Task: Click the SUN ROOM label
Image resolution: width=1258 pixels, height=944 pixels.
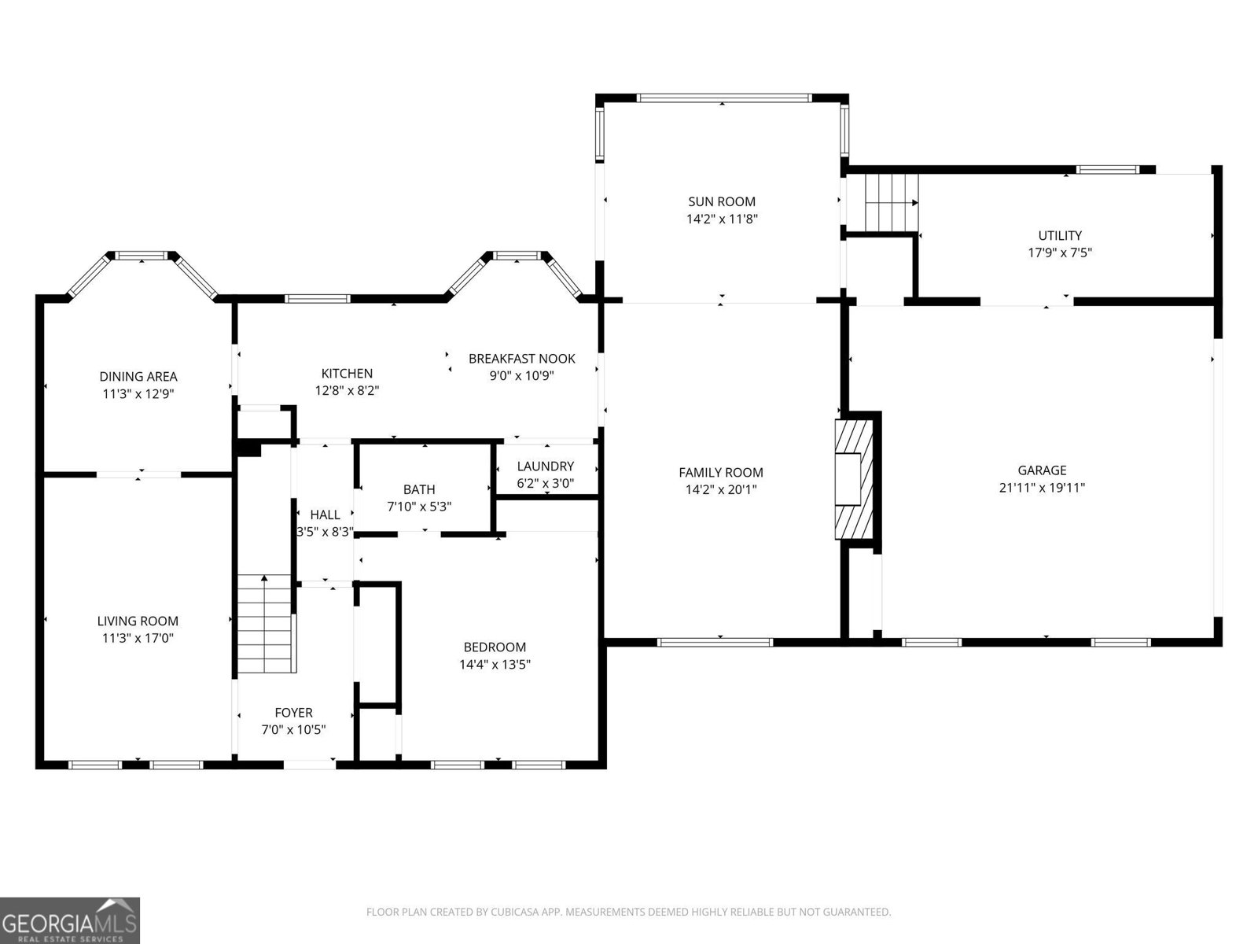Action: click(721, 201)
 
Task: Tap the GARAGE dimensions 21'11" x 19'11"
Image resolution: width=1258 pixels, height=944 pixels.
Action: click(1042, 488)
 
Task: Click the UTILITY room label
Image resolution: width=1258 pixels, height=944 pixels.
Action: click(1059, 235)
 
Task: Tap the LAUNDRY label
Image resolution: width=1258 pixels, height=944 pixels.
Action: click(545, 466)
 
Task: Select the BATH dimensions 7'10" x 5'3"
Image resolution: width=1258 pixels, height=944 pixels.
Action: click(418, 507)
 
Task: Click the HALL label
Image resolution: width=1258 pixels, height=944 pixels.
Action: click(325, 514)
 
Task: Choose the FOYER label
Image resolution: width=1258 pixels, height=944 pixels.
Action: click(293, 713)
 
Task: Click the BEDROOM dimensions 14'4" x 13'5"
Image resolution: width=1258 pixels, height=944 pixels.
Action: click(495, 665)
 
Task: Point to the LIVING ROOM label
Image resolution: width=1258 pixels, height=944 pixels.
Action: click(138, 621)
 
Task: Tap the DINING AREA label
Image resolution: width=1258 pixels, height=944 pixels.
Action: click(138, 376)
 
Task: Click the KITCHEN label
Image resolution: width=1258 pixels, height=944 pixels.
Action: click(347, 373)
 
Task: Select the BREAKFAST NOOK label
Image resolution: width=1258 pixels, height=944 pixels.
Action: click(521, 358)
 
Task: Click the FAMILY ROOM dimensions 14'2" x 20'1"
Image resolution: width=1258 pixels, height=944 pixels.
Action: click(720, 489)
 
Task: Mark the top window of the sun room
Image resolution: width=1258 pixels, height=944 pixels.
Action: click(723, 98)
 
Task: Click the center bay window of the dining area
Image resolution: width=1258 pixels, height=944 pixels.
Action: click(142, 255)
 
